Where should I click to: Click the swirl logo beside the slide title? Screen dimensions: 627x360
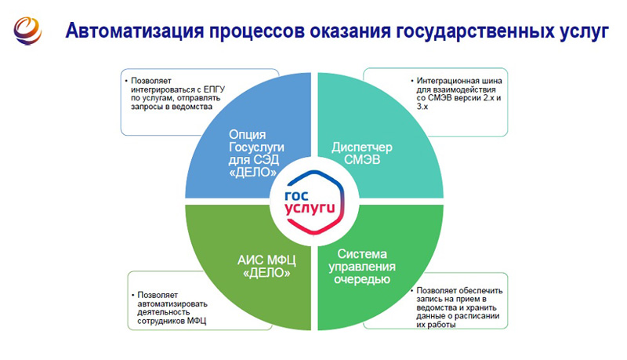[x=27, y=31]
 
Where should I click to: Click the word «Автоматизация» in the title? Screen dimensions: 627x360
[x=135, y=31]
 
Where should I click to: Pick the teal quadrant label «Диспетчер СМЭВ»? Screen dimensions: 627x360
[x=362, y=153]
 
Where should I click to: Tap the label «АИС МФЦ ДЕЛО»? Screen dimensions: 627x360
[x=266, y=267]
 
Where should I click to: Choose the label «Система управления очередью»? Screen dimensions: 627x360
[x=362, y=267]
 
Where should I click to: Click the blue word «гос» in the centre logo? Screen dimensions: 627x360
[x=296, y=196]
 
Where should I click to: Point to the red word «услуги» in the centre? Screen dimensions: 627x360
[x=310, y=209]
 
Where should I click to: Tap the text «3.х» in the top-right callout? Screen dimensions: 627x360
[x=422, y=107]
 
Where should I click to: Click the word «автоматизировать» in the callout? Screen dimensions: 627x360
[x=172, y=304]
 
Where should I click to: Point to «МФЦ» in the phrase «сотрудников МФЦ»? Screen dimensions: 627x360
[x=197, y=321]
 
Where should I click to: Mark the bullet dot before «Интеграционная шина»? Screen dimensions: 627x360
[x=412, y=82]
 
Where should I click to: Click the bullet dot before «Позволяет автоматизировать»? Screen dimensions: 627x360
[x=133, y=296]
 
